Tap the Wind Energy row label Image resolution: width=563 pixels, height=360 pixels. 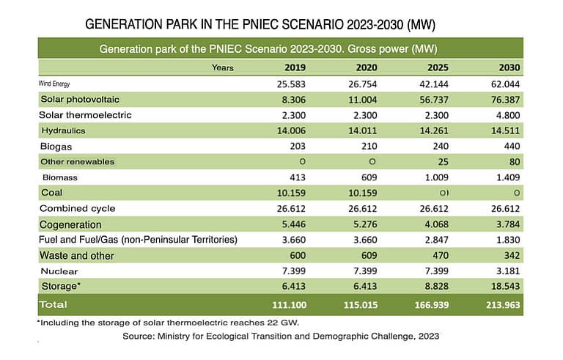65,84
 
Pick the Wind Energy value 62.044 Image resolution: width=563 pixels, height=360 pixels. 504,84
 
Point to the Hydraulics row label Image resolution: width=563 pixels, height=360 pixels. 63,131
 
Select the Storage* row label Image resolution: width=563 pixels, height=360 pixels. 61,287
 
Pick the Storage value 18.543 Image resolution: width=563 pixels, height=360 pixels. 504,287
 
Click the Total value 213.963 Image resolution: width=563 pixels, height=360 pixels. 501,304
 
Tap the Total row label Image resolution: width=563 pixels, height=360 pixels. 54,304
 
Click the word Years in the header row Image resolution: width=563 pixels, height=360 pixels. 222,68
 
